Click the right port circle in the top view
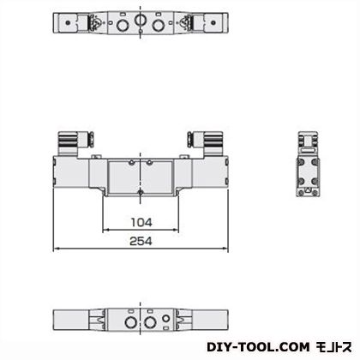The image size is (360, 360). pyautogui.click(x=159, y=26)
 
